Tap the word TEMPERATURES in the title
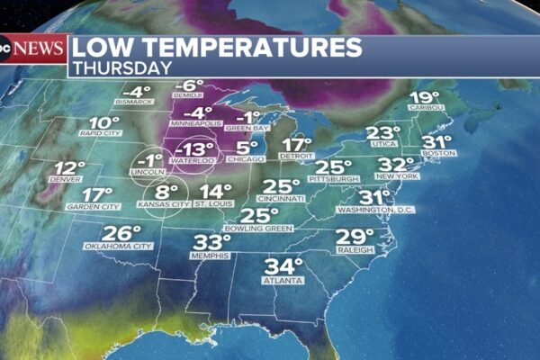(x=260, y=47)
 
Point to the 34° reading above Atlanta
(x=283, y=267)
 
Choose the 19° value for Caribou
(x=424, y=98)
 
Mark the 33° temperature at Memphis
(x=212, y=242)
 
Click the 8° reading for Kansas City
(x=166, y=192)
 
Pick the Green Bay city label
(x=241, y=128)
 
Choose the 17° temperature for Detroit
(x=297, y=145)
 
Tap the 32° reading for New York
(x=395, y=165)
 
